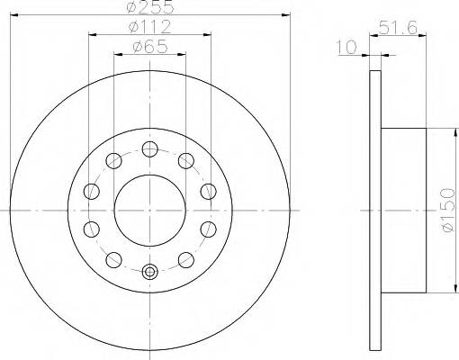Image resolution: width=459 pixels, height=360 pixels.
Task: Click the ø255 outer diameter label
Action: [x=149, y=6]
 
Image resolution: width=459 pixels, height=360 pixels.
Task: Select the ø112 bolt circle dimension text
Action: [x=149, y=27]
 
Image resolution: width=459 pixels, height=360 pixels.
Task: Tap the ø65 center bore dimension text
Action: [x=149, y=47]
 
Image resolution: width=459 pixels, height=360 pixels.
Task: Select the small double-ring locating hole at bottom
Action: [x=149, y=272]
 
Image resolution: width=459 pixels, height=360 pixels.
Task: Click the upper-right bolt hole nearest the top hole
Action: [x=186, y=160]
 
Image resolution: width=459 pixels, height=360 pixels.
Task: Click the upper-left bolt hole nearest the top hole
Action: [x=112, y=160]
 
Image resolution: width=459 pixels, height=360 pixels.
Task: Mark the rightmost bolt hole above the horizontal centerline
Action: [x=208, y=190]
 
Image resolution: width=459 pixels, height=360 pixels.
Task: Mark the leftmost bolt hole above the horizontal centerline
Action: [x=91, y=190]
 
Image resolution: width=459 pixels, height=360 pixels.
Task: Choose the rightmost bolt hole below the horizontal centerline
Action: [x=208, y=228]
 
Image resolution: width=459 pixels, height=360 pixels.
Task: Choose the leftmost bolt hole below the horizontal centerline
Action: [x=91, y=228]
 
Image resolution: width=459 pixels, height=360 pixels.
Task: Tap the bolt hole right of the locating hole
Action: [x=186, y=259]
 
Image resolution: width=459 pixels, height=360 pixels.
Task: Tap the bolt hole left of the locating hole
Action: [x=112, y=259]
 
